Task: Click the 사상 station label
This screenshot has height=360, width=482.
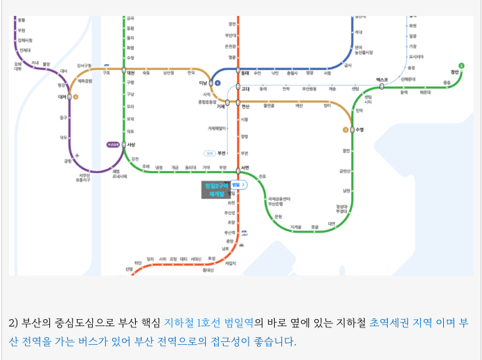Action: (132, 144)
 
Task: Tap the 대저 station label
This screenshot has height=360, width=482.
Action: (62, 97)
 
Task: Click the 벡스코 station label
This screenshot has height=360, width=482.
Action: (382, 80)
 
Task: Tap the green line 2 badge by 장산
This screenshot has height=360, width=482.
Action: (461, 66)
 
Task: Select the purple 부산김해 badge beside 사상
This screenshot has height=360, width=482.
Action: (113, 144)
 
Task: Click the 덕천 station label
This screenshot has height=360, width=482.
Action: (131, 71)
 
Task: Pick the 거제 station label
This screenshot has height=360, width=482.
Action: (221, 107)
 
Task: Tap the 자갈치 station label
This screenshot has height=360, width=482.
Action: (231, 263)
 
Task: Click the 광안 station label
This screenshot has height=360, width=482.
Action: (346, 150)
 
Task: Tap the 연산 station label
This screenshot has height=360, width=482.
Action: (245, 107)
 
